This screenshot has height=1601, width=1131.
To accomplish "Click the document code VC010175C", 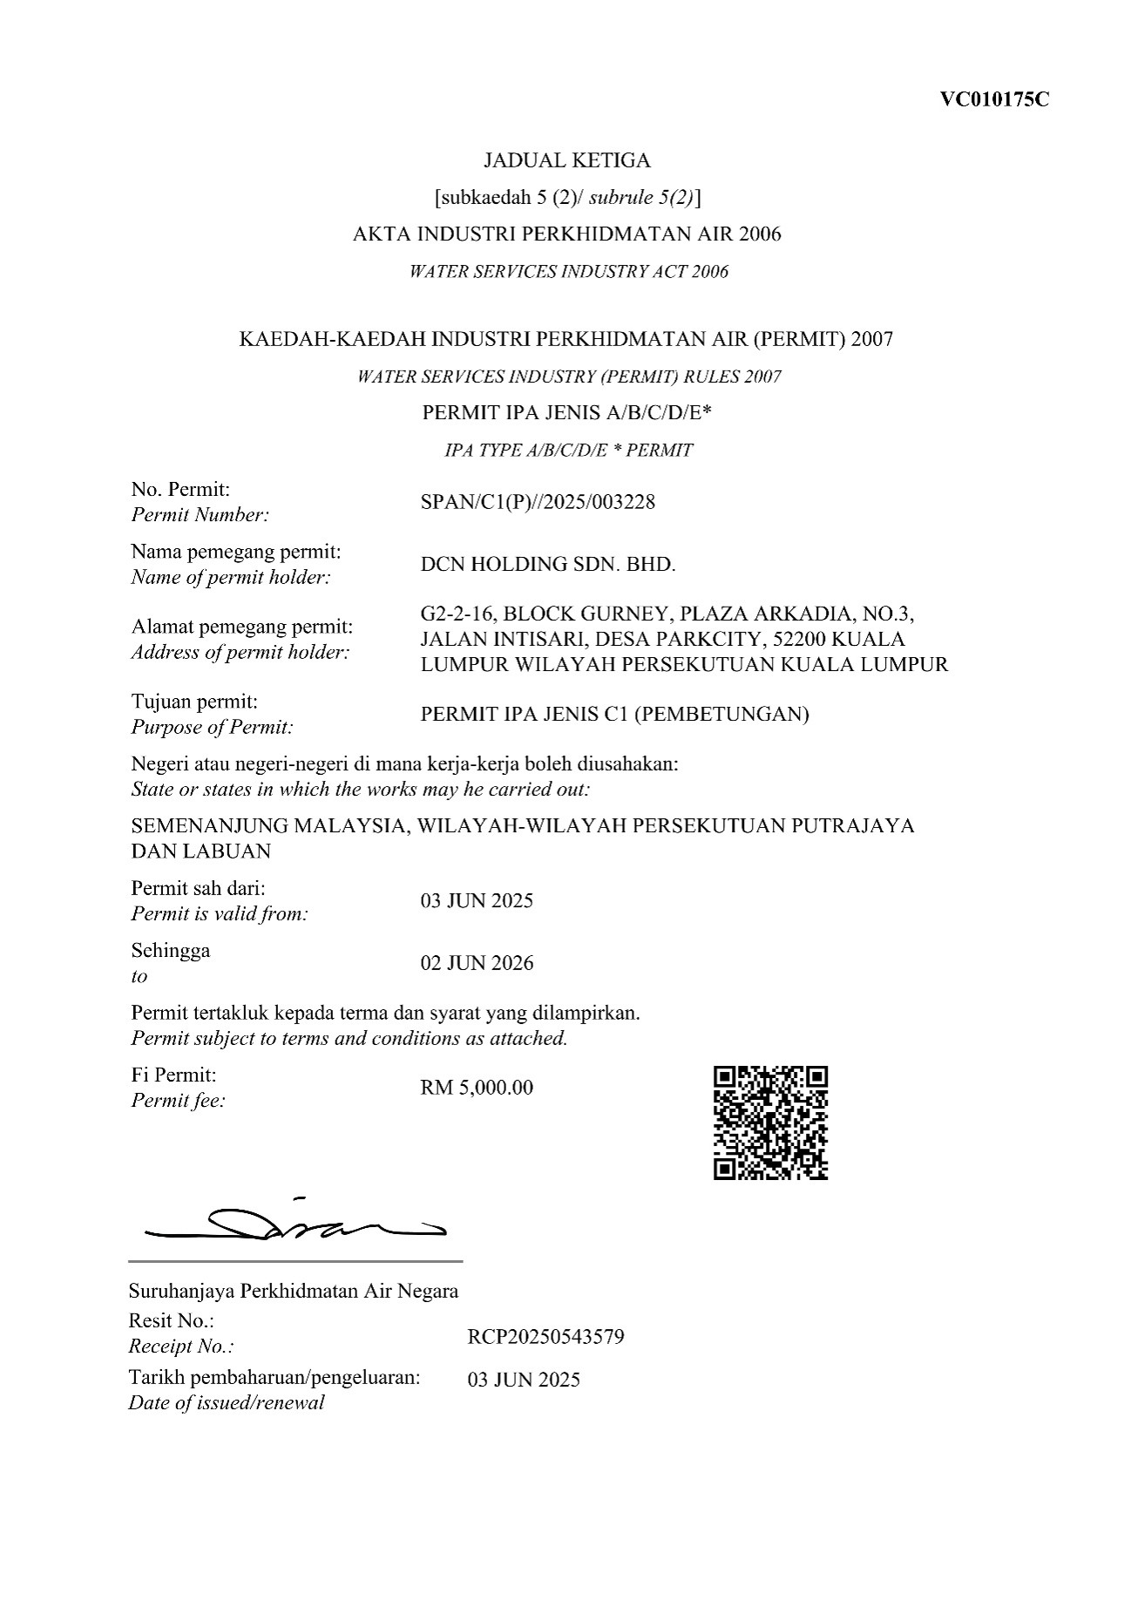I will click(994, 99).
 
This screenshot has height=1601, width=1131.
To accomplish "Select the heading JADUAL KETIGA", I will click(567, 160).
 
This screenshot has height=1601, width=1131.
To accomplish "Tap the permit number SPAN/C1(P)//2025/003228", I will click(538, 502).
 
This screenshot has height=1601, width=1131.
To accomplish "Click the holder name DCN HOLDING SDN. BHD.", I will click(548, 564).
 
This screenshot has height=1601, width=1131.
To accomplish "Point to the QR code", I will click(770, 1123).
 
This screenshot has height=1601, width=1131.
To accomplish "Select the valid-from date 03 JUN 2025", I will click(477, 901).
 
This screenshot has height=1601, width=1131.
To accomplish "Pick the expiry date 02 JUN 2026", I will click(477, 963).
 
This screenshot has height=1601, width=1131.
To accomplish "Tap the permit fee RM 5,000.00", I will click(477, 1088).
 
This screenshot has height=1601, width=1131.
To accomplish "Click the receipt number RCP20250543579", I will click(545, 1337).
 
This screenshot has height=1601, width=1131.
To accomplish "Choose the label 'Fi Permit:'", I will click(173, 1075).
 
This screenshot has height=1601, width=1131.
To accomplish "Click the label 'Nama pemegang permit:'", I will click(235, 552).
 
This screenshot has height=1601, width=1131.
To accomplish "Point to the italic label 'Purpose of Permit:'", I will click(212, 727).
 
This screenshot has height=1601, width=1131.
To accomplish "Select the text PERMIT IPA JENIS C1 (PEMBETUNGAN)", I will click(614, 715).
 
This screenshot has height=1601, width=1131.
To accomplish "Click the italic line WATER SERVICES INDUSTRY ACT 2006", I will click(568, 272).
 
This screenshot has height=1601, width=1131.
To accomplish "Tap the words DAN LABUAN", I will click(200, 851).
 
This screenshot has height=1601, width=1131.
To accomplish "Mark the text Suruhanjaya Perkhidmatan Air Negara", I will click(293, 1291).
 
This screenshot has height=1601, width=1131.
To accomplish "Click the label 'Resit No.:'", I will click(171, 1320).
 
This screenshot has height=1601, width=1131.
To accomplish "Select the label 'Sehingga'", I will click(170, 950).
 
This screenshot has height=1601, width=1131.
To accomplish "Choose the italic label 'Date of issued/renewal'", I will click(226, 1403).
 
